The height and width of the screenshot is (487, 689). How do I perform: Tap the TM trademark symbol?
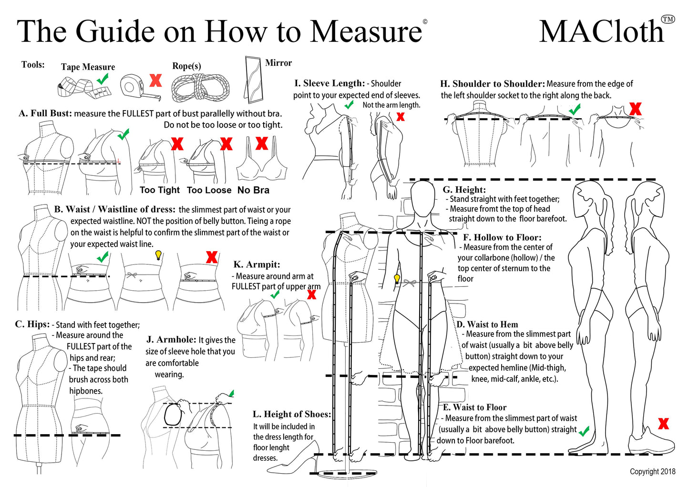tap(668, 19)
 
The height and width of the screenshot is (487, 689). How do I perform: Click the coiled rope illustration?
tap(200, 88)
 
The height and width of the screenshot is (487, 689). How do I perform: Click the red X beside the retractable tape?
tap(155, 80)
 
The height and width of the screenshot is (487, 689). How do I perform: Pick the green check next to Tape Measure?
tap(103, 79)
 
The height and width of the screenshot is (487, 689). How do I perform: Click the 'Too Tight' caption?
tap(160, 190)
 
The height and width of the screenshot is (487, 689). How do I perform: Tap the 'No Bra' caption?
tap(253, 190)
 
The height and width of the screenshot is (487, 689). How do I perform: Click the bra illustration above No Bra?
tap(262, 162)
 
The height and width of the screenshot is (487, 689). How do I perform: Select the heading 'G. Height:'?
tap(464, 190)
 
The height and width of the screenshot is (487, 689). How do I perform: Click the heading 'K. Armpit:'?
tap(257, 264)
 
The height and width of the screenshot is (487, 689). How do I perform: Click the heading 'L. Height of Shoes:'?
tap(291, 414)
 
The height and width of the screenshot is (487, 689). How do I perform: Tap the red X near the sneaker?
tap(663, 423)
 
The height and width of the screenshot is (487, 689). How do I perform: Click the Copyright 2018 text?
tap(652, 471)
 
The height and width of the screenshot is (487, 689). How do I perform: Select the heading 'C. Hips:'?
tap(32, 324)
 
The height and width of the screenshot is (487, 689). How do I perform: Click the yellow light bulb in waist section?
tap(159, 255)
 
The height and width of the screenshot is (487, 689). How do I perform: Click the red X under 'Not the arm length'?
tap(401, 116)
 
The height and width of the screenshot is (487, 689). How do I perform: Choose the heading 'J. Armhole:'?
tap(171, 339)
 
